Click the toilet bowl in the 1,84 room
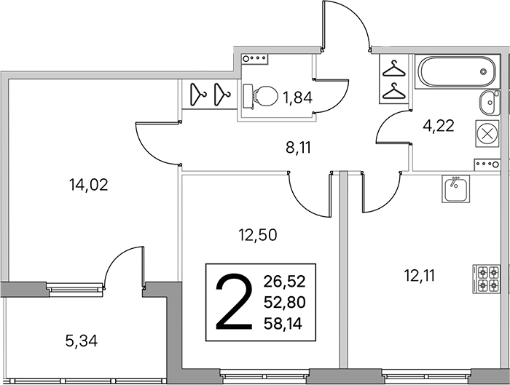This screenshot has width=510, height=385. click(x=261, y=96)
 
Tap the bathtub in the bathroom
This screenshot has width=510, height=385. click(x=458, y=71)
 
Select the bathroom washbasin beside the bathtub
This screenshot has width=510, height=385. click(x=489, y=102)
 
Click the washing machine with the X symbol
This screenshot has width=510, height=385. click(x=487, y=133)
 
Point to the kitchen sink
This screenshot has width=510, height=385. click(x=455, y=188)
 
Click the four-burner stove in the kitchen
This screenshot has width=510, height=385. click(x=486, y=279)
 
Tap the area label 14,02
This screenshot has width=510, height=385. click(x=88, y=185)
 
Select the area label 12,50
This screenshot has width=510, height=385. click(x=258, y=235)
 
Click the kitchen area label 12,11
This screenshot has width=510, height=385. click(x=420, y=276)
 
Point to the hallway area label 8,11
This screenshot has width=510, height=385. click(x=298, y=148)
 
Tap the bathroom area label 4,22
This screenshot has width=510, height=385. click(x=438, y=126)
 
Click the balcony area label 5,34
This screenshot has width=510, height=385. click(x=82, y=341)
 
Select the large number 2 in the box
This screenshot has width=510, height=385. click(x=235, y=302)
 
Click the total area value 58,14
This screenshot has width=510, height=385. click(x=283, y=324)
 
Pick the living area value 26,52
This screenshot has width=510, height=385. click(x=285, y=282)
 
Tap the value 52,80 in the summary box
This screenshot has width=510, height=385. click(x=285, y=303)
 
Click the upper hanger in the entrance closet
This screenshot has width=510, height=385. click(x=394, y=70)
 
